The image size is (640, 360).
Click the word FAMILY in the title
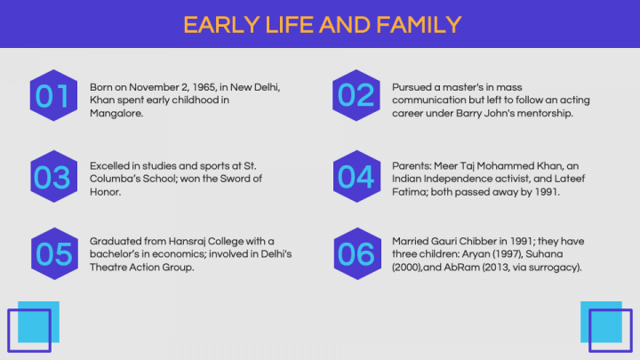pyautogui.click(x=419, y=25)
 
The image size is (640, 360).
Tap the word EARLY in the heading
pyautogui.click(x=221, y=25)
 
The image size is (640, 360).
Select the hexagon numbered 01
pyautogui.click(x=53, y=95)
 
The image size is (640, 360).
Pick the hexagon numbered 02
pyautogui.click(x=356, y=95)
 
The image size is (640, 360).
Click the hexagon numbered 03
pyautogui.click(x=54, y=176)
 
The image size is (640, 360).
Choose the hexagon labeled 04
pyautogui.click(x=356, y=176)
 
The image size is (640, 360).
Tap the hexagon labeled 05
pyautogui.click(x=54, y=253)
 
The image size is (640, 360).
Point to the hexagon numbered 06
pyautogui.click(x=357, y=253)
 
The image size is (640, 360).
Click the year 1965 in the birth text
pyautogui.click(x=204, y=87)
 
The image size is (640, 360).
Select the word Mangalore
pyautogui.click(x=116, y=114)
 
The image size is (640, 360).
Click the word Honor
pyautogui.click(x=105, y=192)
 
